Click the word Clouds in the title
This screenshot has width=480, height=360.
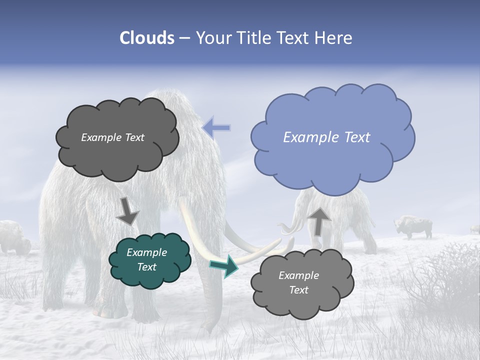[147, 38]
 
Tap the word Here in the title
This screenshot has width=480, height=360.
[334, 38]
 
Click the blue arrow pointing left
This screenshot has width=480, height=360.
[216, 127]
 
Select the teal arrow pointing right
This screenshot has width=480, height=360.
[224, 266]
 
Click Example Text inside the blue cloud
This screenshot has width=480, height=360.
[326, 137]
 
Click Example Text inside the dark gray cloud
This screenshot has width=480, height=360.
[112, 137]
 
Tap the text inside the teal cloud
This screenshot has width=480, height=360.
[147, 259]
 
